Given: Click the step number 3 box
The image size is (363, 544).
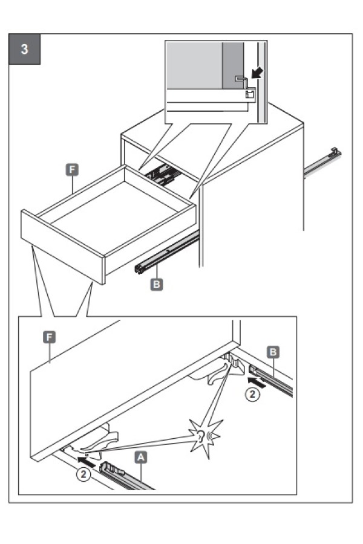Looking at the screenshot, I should [25, 50].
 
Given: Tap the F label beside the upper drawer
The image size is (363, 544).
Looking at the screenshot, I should [73, 170].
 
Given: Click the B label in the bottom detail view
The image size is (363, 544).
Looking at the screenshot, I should [273, 352].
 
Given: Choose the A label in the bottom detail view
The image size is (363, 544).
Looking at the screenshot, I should [140, 458].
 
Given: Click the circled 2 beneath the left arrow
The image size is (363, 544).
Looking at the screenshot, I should [84, 474].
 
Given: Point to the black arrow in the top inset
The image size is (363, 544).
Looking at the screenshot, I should [258, 74].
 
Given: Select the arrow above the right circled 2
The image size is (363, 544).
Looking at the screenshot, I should [256, 382].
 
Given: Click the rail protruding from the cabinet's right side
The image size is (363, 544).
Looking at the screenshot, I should [322, 160].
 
